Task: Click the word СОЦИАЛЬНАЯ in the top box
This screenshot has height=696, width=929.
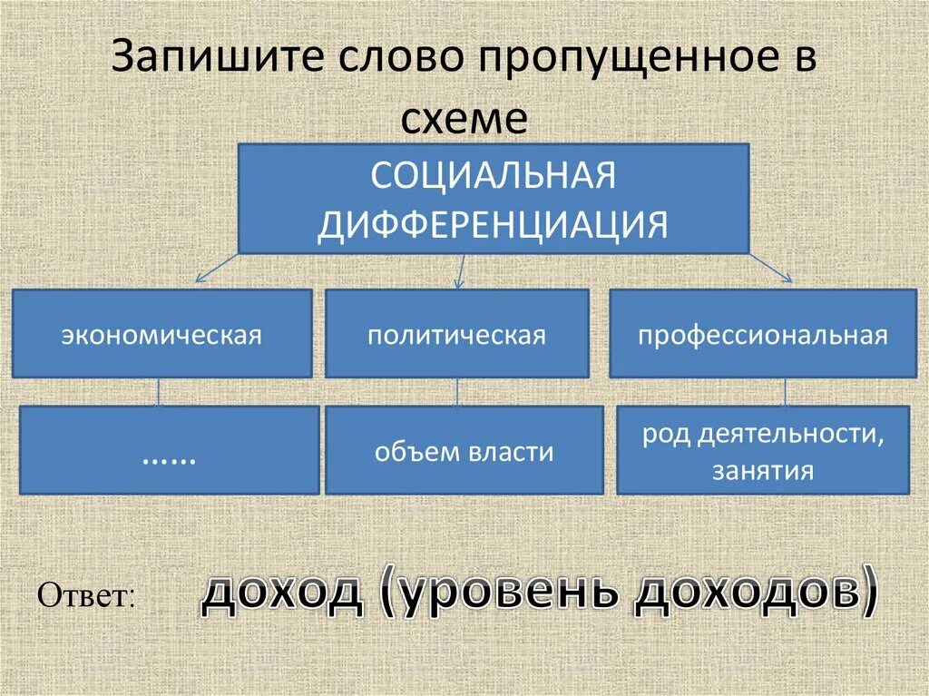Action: click(493, 176)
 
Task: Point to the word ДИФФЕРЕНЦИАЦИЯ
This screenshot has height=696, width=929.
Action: click(493, 223)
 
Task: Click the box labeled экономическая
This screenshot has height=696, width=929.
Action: click(161, 334)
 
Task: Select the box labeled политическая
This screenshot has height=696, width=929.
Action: click(456, 334)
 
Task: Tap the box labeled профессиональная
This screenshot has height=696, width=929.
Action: click(762, 334)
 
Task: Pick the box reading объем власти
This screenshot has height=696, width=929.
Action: click(464, 450)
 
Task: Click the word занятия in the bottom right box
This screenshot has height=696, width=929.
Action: click(762, 471)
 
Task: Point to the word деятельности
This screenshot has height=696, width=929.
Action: click(789, 434)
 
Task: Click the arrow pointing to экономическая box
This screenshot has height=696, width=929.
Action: click(216, 270)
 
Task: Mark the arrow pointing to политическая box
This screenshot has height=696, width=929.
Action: click(461, 270)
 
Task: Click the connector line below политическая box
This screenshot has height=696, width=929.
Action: click(457, 392)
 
